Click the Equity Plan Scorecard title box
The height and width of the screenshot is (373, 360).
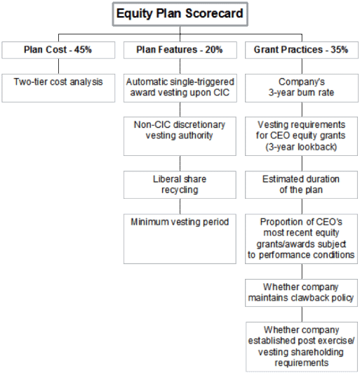pos(180,14)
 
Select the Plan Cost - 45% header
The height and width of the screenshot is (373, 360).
pos(58,50)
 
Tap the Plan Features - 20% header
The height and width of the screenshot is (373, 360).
pos(180,50)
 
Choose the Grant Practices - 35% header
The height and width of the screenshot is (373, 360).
pos(302,50)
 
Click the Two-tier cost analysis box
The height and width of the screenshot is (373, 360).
pos(58,88)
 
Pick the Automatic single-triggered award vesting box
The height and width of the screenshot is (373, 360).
pos(180,88)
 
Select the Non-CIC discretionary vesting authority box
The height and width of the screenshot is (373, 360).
pos(180,136)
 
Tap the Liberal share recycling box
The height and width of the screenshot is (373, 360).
pos(180,185)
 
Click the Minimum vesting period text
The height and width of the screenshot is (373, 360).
pos(180,222)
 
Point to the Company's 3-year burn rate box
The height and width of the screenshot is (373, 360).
pos(302,88)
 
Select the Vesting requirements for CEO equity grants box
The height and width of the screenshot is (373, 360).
pos(301,136)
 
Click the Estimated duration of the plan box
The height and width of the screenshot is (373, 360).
pos(301,185)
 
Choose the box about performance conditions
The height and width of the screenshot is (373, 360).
pos(301,239)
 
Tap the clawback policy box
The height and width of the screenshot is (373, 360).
pos(301,293)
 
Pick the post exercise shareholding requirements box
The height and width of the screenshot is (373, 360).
pos(302,346)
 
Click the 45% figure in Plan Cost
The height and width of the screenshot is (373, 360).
pos(83,50)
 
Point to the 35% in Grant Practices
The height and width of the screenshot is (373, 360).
pos(340,50)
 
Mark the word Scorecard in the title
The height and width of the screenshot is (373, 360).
pos(214,13)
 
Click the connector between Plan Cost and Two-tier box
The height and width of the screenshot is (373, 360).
pos(58,66)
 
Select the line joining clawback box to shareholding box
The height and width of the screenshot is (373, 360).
pos(302,314)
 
